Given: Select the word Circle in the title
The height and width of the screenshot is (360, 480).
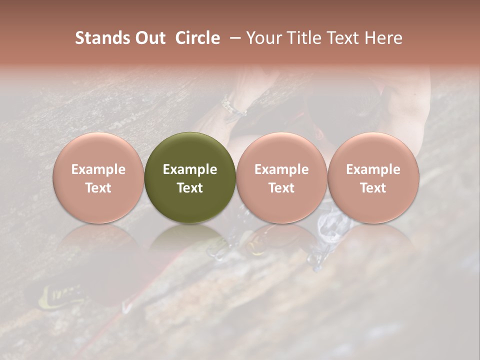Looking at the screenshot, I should [x=197, y=38].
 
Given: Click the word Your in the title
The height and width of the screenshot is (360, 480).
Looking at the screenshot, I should [x=263, y=38].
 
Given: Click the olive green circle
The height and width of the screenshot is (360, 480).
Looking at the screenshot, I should [x=190, y=177].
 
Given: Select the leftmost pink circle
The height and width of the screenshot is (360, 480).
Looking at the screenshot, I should [x=98, y=177].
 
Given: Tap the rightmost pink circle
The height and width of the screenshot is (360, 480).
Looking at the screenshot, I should [x=373, y=177].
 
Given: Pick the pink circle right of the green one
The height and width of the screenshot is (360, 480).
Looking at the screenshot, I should [x=281, y=177].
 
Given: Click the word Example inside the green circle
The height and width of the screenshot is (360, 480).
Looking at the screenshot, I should [x=190, y=169].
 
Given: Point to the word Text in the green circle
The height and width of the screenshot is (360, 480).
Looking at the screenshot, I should [x=190, y=188].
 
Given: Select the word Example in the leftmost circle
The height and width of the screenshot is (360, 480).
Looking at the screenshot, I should [x=98, y=169].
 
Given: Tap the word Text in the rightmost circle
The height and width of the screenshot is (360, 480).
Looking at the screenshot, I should [x=373, y=188].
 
